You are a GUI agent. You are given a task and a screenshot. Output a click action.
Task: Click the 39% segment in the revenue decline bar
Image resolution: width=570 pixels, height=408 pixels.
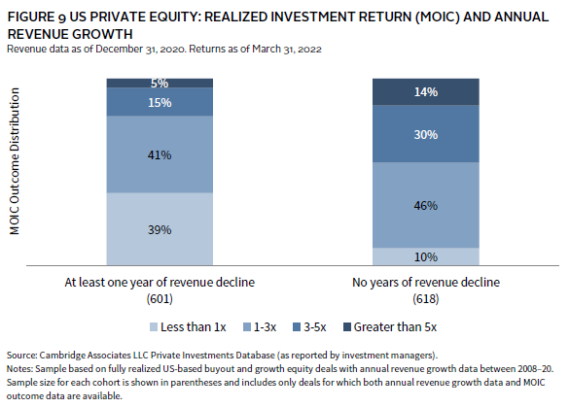pos(160,228)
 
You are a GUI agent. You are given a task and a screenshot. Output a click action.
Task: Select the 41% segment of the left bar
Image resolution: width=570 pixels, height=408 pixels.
pos(160,153)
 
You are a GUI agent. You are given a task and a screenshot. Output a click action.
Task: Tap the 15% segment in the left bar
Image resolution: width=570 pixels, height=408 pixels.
pos(160,102)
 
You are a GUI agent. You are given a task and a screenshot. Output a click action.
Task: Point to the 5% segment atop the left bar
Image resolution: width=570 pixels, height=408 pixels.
pos(160,84)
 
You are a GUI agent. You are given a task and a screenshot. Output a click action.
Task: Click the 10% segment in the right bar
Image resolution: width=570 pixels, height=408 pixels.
pos(426,256)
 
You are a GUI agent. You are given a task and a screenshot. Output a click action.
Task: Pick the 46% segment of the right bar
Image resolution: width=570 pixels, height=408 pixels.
pos(426,205)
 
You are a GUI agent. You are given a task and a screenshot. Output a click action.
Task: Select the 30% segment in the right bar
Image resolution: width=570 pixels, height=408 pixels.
pos(426,134)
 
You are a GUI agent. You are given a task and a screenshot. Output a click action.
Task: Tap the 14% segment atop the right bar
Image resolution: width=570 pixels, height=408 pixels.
pos(426,92)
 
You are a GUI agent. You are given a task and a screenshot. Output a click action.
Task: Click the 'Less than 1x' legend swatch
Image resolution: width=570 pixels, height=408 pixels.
pos(154,327)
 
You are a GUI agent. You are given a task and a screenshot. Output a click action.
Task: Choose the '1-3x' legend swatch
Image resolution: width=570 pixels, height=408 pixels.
pos(247,327)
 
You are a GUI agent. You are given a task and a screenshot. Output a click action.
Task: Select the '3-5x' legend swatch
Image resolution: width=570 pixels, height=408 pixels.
pos(297,327)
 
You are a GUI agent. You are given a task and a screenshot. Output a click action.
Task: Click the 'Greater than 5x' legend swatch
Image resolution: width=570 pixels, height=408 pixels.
pos(347,327)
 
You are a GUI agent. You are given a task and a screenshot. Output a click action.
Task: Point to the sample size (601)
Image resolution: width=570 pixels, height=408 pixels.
pos(160,299)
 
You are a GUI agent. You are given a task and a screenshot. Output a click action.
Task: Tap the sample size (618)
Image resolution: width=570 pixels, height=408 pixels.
pos(426,299)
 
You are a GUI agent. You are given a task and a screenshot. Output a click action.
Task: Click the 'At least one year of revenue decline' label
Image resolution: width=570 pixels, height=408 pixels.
pos(160,283)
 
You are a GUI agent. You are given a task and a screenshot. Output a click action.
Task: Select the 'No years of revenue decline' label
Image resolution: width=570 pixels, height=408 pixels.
pos(426,283)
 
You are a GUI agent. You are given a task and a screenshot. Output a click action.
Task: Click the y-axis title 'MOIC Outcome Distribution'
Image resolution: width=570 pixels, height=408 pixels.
pos(15,161)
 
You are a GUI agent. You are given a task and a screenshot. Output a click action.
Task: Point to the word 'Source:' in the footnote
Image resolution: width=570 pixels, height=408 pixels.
pos(21,355)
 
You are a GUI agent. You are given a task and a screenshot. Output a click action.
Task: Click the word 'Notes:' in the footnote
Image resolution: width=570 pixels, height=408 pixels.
pos(19,369)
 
